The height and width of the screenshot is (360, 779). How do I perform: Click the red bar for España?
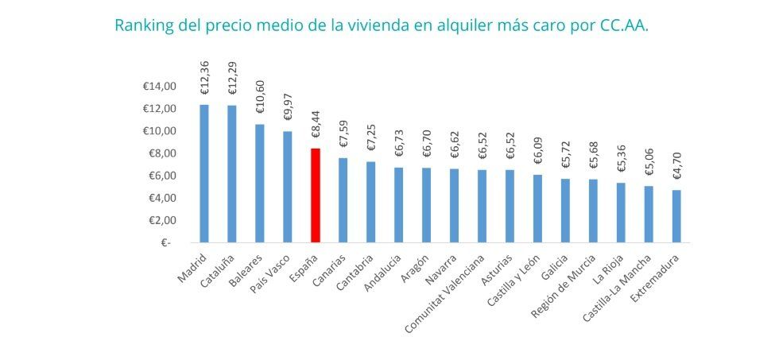coord(315,195)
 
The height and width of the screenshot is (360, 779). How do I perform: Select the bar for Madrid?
coord(204,173)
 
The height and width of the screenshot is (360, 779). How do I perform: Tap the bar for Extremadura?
coord(676,216)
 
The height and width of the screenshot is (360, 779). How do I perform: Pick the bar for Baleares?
coord(259,184)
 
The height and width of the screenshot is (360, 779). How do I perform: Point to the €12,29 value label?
coord(232,79)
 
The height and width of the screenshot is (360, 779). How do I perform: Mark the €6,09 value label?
coord(537,149)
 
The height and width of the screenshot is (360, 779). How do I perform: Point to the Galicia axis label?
coord(553,265)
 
